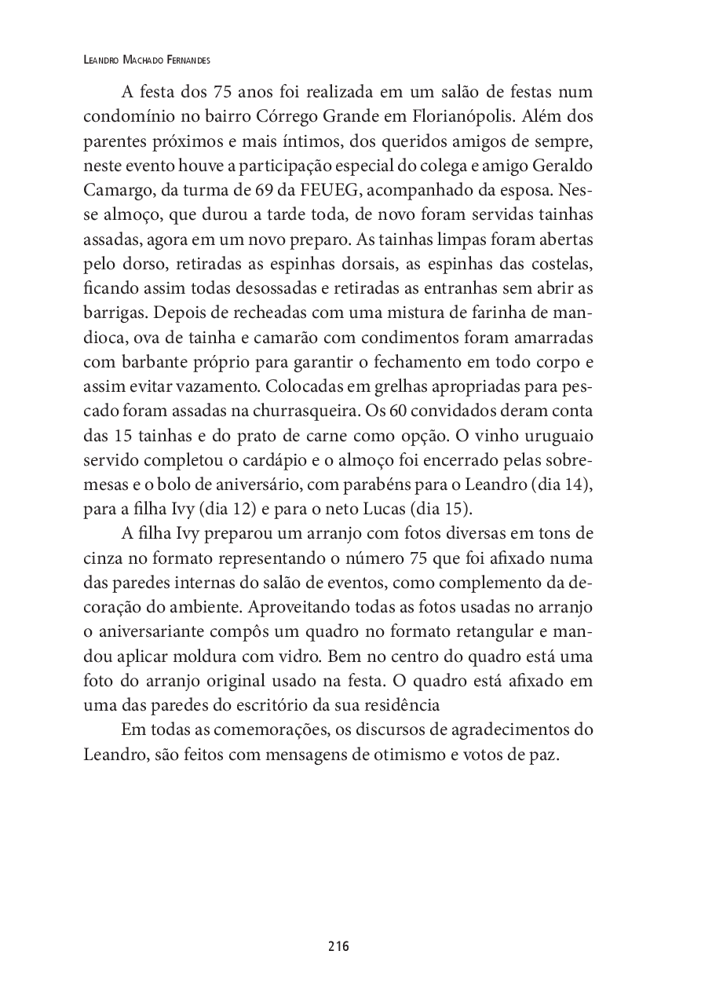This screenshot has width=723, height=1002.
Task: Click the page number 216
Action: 338,946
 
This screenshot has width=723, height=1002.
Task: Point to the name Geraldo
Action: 561,166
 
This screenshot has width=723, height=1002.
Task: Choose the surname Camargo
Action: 116,190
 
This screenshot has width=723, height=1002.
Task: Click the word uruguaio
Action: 554,435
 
